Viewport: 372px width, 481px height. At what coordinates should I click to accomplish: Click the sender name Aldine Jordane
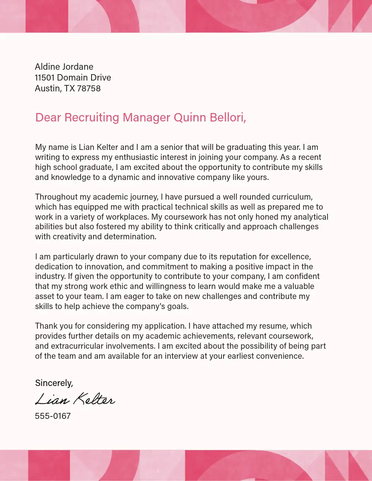[64, 67]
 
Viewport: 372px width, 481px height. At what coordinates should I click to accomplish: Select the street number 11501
[45, 77]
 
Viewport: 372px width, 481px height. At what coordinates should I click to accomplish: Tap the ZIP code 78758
[88, 88]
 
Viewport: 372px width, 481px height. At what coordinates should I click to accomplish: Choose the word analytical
[305, 217]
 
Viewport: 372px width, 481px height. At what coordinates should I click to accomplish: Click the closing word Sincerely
[54, 383]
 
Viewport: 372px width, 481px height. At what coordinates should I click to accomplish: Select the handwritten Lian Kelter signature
[75, 399]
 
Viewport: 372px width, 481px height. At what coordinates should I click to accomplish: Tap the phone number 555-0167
[53, 416]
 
